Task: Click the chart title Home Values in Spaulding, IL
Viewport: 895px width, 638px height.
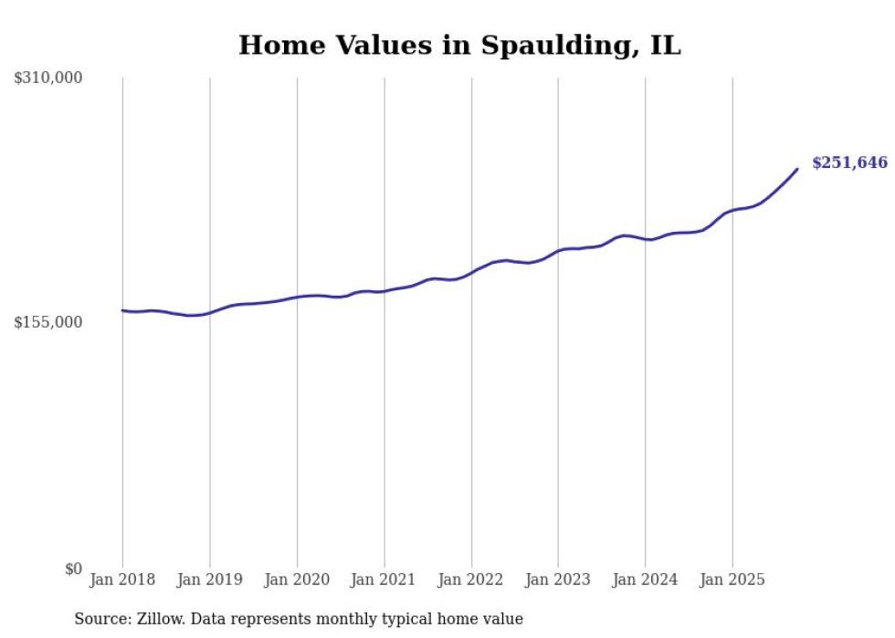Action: (459, 46)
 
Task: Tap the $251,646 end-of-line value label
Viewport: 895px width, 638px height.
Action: (849, 163)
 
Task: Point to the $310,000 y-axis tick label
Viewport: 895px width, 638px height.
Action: (48, 78)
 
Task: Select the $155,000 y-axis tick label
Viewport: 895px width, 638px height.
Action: (48, 323)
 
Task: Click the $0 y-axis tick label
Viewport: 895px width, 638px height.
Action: (73, 569)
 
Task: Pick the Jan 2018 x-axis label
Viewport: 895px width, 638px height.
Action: (122, 580)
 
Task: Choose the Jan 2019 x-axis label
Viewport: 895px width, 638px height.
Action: (209, 580)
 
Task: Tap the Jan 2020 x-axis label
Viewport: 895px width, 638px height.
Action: (297, 580)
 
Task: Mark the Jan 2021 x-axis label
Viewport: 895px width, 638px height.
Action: (384, 580)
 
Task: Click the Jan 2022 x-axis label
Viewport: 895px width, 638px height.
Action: (471, 580)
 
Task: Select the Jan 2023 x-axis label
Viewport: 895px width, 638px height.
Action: (558, 580)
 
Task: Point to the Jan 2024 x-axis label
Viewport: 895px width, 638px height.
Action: (645, 580)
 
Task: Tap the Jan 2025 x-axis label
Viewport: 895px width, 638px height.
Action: (732, 580)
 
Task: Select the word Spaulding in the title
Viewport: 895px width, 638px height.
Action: (539, 46)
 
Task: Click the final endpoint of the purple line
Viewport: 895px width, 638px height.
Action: (797, 169)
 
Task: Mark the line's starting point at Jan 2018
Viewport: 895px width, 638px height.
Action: (122, 310)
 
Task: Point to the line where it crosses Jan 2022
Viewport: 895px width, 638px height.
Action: (471, 271)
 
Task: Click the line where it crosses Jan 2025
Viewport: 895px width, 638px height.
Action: (732, 211)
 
